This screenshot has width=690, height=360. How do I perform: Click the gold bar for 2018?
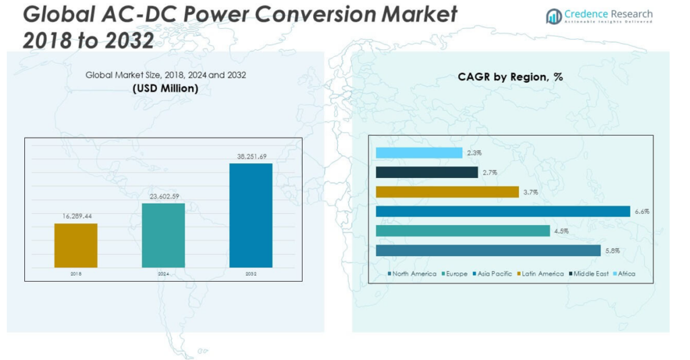[75, 245]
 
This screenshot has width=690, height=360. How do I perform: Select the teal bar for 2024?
[163, 235]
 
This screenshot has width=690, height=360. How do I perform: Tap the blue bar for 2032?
[251, 215]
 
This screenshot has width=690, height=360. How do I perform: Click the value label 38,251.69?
[251, 156]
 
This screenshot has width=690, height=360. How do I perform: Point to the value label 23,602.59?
[163, 196]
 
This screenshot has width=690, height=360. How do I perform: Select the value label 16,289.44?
[75, 216]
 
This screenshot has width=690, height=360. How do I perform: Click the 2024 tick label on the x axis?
[163, 274]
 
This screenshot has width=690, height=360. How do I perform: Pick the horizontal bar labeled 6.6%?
[503, 212]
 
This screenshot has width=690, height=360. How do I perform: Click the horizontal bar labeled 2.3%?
[418, 153]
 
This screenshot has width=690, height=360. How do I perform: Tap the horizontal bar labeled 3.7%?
[447, 192]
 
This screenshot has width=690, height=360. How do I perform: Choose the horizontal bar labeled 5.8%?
[488, 251]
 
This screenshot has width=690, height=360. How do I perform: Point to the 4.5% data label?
[561, 231]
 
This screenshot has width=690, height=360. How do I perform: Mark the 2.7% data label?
[489, 173]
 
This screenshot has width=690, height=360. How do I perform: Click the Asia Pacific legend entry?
[495, 274]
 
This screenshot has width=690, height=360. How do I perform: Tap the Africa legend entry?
[623, 274]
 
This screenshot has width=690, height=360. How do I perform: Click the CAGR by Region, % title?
[510, 78]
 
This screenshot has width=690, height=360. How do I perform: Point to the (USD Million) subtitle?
[165, 88]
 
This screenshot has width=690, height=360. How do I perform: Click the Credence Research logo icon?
[554, 16]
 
